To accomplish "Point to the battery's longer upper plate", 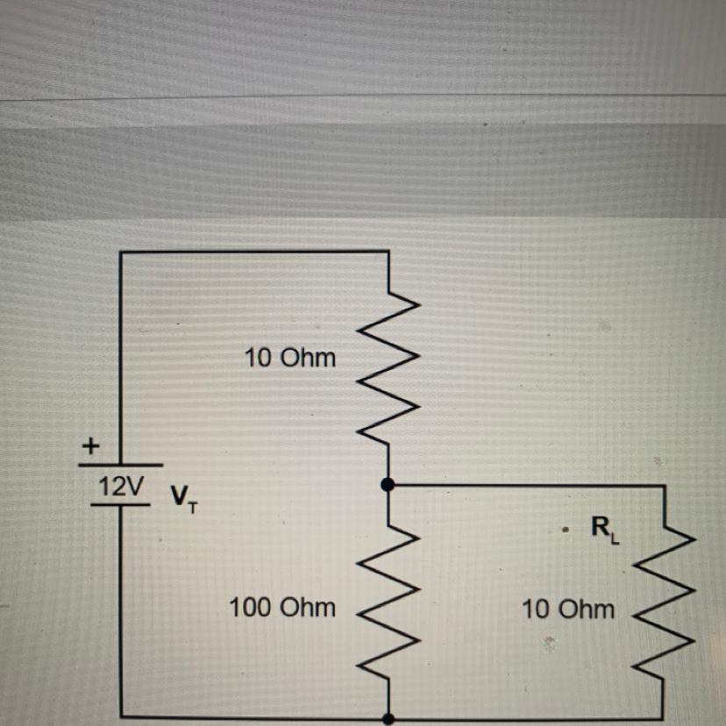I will tap(120, 466).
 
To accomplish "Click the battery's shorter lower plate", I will tap(120, 504).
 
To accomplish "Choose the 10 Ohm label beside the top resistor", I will tap(290, 358).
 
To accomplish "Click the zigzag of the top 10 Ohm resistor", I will tap(388, 368).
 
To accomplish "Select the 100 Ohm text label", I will tap(281, 607).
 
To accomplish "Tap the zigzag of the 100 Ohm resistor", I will tap(388, 605).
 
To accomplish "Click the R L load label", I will tap(604, 529).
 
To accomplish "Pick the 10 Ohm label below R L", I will tap(568, 609).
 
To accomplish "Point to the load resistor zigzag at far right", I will tap(665, 605).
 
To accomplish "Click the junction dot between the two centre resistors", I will tap(388, 484).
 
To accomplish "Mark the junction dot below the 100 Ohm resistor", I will tap(388, 718).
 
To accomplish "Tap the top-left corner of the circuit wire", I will tap(121, 253).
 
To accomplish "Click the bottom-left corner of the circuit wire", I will tap(121, 717).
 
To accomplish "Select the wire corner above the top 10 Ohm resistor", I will tap(388, 253).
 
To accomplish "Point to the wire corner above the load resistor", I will tap(665, 485).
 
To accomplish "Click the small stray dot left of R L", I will tap(567, 530).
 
